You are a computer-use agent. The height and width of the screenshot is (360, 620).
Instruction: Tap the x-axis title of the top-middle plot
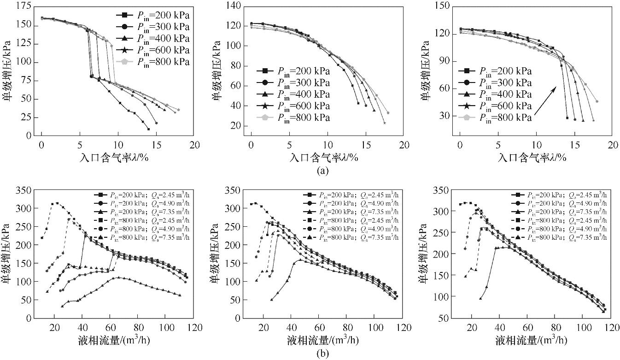click(324, 157)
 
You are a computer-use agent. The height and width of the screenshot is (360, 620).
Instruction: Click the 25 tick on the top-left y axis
click(27, 118)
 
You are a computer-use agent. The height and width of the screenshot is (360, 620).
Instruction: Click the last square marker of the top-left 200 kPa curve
click(148, 129)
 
